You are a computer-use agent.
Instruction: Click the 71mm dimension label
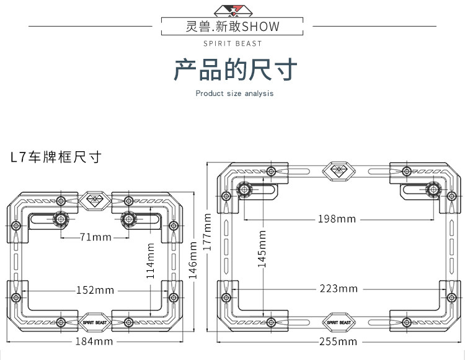coord(95,237)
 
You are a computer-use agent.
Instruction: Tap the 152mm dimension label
coord(95,290)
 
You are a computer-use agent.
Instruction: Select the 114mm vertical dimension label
coord(151,261)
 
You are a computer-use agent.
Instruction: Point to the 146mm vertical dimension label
coord(193,260)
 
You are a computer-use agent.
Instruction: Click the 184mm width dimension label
coord(94,341)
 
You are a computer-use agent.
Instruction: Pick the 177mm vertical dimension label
coord(207,232)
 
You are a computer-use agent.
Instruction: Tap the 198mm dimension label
coord(337,219)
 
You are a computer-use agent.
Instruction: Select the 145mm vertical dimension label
coord(262,249)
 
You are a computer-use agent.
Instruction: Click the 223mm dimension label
coord(339,289)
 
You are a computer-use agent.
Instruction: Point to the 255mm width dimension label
coord(338,341)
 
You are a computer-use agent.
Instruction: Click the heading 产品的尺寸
coord(235,69)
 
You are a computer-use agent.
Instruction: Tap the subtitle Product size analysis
coord(234,94)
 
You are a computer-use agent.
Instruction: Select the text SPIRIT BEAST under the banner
coord(232,43)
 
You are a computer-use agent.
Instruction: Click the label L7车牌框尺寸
coord(56,157)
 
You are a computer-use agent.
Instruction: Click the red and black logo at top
coord(233,11)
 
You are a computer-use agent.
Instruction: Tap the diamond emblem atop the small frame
coord(95,201)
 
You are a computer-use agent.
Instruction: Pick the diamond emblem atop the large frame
coord(339,171)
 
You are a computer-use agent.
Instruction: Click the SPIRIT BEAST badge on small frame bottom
coord(95,322)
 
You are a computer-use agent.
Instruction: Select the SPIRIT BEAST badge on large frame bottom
coord(339,322)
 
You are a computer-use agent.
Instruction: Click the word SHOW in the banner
coord(260,27)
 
